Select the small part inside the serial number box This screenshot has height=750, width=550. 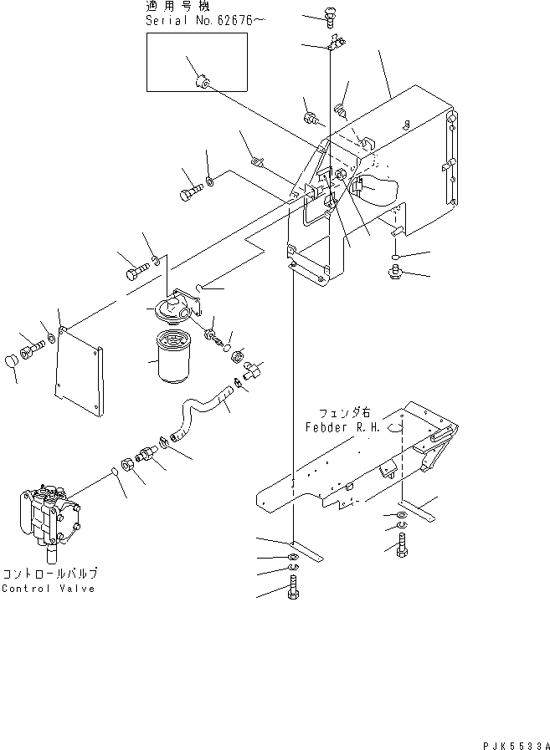(x=203, y=82)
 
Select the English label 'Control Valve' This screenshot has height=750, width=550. (x=48, y=589)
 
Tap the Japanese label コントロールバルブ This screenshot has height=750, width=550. (x=50, y=574)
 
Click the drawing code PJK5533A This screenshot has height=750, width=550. (x=517, y=742)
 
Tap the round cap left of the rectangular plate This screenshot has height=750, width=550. (x=13, y=365)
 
